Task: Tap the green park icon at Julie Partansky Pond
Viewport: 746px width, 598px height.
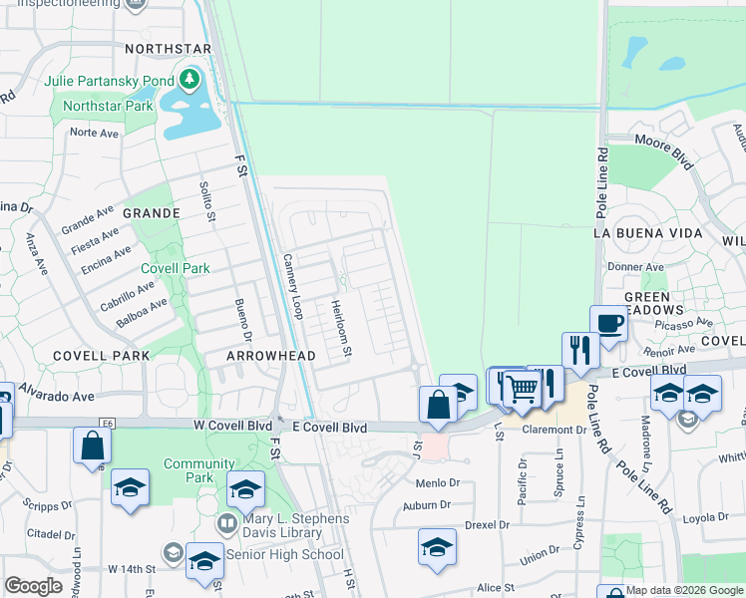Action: [189, 79]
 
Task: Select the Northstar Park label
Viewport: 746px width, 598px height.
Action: [106, 106]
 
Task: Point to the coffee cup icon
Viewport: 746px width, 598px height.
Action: [608, 322]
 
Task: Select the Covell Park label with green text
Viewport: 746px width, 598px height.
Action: [175, 268]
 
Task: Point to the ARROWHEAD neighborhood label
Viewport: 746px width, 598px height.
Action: [270, 356]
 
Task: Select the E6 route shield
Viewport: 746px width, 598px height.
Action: [107, 424]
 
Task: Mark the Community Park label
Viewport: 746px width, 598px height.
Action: [198, 470]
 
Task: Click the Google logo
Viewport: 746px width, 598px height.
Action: [34, 586]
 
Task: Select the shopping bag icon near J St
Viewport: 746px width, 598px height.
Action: [438, 405]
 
